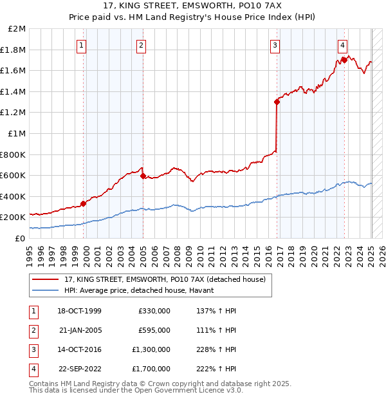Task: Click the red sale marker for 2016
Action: [277, 102]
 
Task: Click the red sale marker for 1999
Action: [84, 203]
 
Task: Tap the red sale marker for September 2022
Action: [344, 60]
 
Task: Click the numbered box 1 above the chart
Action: [82, 45]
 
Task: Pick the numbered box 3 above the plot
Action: [275, 45]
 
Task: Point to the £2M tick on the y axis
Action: [17, 29]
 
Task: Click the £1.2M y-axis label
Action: [14, 113]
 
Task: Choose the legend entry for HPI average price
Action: [143, 290]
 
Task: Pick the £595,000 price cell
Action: [154, 330]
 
